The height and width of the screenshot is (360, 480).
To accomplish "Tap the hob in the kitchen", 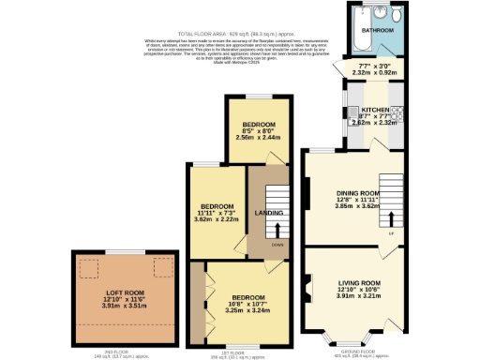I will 396,116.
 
